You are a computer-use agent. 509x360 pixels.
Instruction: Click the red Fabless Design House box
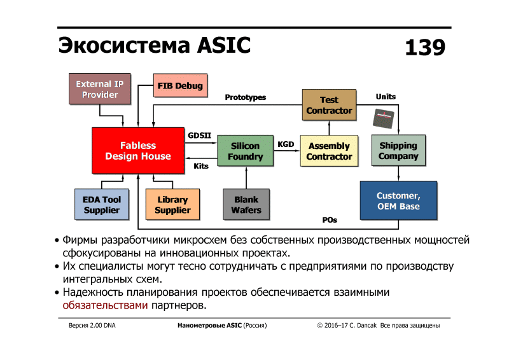[138, 151]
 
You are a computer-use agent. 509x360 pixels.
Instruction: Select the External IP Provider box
[100, 89]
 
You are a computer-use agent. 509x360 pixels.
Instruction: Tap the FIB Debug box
[180, 86]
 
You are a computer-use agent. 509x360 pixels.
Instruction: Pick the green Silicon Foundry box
[245, 151]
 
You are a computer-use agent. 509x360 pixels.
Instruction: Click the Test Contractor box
[329, 105]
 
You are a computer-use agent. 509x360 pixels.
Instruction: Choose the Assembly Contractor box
[329, 151]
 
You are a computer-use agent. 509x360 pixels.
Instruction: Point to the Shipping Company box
[398, 151]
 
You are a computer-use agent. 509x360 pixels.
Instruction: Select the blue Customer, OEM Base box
[398, 200]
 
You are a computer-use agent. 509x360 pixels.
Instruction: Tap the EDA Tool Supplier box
[102, 205]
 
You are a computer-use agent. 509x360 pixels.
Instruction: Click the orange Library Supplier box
[172, 205]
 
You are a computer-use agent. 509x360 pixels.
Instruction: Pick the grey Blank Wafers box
[246, 205]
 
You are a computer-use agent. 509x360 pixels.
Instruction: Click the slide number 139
[425, 48]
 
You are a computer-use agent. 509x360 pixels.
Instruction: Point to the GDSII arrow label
[199, 135]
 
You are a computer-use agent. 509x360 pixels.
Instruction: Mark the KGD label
[286, 144]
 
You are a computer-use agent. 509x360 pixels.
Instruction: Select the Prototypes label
[246, 97]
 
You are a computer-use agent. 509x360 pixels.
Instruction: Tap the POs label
[330, 220]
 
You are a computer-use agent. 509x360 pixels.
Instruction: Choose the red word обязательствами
[106, 305]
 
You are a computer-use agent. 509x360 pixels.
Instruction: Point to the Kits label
[201, 166]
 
